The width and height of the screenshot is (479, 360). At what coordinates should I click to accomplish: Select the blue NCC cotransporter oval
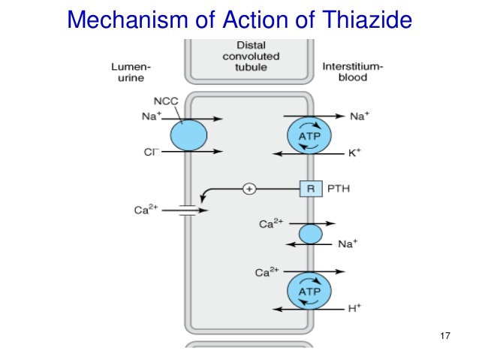pos(188,135)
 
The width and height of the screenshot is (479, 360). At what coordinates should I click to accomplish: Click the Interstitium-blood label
pos(352,73)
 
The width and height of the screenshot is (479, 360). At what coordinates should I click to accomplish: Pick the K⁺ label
pos(357,153)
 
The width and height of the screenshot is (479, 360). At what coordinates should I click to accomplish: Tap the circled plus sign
pos(249,189)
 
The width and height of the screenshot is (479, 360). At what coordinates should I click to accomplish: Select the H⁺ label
pos(357,308)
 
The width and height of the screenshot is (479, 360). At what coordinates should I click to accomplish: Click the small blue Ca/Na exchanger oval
pos(310,234)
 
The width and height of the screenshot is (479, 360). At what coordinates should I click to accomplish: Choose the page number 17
pos(444,335)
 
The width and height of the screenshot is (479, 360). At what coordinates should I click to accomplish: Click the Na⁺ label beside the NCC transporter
pos(148,118)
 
